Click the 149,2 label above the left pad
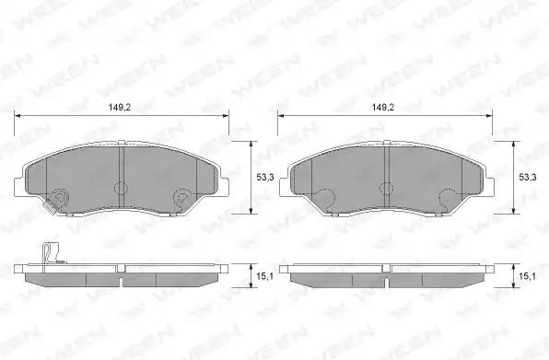[x=120, y=108]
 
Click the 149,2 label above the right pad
[x=382, y=108]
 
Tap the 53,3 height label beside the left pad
[x=265, y=178]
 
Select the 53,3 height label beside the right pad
[x=527, y=178]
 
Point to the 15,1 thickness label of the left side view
[x=265, y=276]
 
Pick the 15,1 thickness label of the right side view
[x=527, y=276]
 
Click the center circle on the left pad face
[x=122, y=188]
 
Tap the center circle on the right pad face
[x=387, y=189]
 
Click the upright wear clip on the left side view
[x=51, y=253]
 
